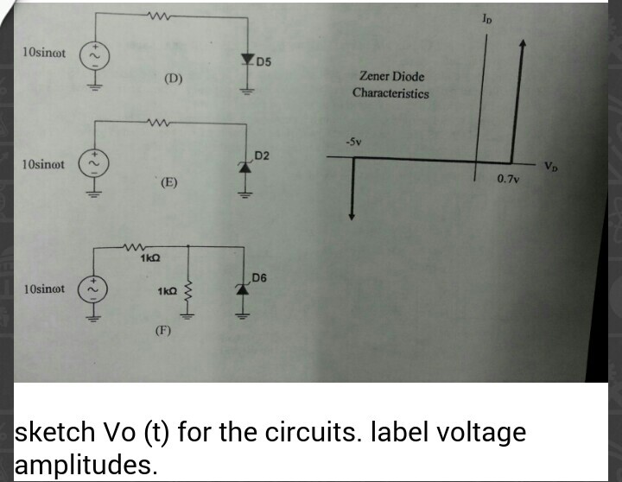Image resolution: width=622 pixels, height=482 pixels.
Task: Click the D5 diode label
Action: click(x=263, y=62)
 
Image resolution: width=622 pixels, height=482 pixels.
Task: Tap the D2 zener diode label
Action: click(x=262, y=155)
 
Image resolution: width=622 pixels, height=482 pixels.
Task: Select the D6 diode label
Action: click(x=259, y=277)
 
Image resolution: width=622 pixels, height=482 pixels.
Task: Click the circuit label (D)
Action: click(x=174, y=79)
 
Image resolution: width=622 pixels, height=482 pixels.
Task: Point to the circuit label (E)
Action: click(x=169, y=182)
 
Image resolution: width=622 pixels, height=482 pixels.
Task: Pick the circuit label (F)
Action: click(x=162, y=330)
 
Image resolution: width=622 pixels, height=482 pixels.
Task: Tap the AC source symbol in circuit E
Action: click(x=93, y=163)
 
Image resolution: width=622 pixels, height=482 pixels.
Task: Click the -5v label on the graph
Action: click(x=353, y=142)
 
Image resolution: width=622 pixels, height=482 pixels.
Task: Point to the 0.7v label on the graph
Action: click(x=508, y=180)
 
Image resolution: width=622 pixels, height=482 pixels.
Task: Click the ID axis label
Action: click(x=486, y=18)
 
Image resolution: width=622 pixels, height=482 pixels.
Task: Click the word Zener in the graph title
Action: click(x=374, y=75)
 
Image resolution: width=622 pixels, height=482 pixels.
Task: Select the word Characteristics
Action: click(x=390, y=93)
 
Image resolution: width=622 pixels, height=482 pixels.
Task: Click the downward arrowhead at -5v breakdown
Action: click(x=352, y=215)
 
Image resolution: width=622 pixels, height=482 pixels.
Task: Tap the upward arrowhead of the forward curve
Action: click(x=524, y=43)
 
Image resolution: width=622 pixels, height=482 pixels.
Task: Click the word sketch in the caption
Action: click(x=54, y=432)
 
